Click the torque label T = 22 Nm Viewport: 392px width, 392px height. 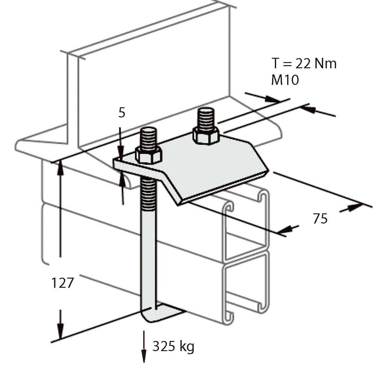(x=304, y=63)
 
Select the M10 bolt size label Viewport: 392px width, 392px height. (x=285, y=80)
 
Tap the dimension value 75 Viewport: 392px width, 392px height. (x=320, y=219)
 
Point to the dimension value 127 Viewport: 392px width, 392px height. (x=62, y=283)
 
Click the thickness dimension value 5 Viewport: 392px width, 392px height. (x=122, y=113)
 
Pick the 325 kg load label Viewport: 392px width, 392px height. (x=173, y=346)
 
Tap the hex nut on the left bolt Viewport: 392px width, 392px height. (x=149, y=155)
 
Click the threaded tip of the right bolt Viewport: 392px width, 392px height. (x=205, y=118)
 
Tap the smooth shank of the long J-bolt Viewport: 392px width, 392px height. (x=149, y=255)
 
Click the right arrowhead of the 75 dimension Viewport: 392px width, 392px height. (x=354, y=207)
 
